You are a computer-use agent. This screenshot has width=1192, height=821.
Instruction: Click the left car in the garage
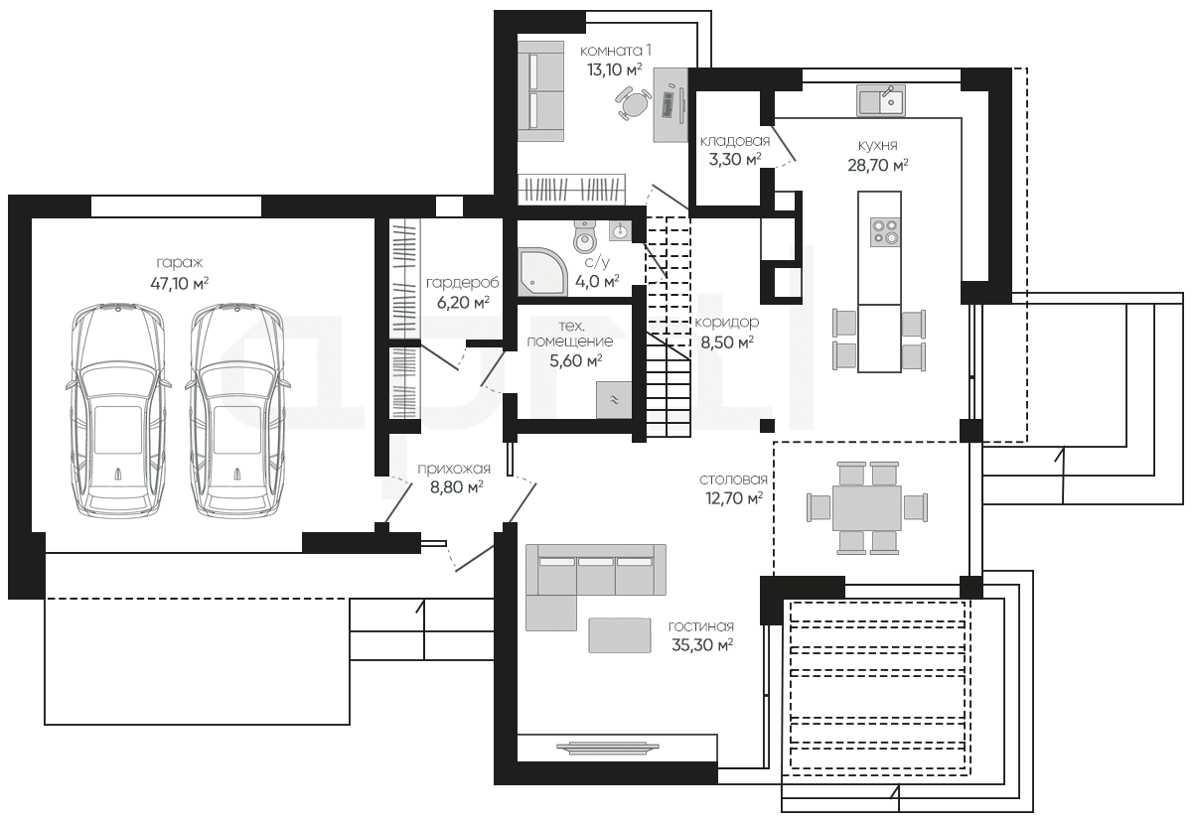tap(118, 410)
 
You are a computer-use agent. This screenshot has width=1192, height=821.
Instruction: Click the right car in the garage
tap(237, 410)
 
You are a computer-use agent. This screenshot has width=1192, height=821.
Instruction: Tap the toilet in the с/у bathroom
tap(585, 237)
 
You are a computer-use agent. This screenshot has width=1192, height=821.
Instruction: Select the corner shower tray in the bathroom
tap(542, 271)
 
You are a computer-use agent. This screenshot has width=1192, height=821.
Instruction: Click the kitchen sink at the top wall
tap(881, 100)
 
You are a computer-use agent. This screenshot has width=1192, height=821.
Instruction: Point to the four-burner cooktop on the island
tap(885, 232)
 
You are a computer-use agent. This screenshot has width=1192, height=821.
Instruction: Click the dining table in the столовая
tap(867, 508)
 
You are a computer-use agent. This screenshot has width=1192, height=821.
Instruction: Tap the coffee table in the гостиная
tap(620, 635)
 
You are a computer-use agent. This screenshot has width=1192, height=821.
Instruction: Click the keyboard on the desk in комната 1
tap(668, 104)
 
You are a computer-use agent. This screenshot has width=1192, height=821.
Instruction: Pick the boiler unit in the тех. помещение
tap(614, 399)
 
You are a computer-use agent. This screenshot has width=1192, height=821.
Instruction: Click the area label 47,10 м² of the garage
tap(180, 283)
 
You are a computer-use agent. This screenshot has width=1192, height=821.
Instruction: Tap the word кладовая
tap(735, 141)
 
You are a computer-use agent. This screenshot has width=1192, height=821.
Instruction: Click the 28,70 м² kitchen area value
tap(878, 166)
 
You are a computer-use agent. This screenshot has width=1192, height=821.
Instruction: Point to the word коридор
tap(727, 323)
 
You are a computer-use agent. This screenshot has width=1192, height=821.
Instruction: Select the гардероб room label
tap(463, 283)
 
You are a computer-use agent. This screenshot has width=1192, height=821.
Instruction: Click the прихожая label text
tap(454, 469)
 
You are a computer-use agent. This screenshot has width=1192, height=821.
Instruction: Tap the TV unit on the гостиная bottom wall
tap(608, 748)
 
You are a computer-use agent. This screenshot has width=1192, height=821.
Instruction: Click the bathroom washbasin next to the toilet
tap(620, 231)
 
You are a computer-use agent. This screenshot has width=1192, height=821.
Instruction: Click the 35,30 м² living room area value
tap(702, 645)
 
